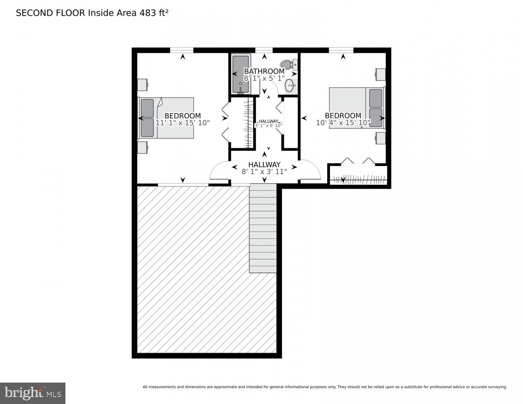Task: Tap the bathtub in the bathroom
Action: coord(241,74)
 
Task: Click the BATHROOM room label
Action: coord(264,72)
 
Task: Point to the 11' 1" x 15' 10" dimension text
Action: coord(183,123)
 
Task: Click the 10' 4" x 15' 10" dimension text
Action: coord(343,123)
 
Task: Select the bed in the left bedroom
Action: coord(166,118)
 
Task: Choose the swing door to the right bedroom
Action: coord(310,170)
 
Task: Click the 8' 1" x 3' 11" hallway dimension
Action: coord(264,172)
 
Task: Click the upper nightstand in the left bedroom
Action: coord(142,85)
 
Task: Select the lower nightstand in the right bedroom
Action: coord(380,138)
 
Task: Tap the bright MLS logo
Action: coord(33,393)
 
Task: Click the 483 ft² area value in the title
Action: coord(153,13)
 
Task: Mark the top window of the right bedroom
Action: coord(341,50)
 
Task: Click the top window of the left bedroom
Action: coord(181,50)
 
